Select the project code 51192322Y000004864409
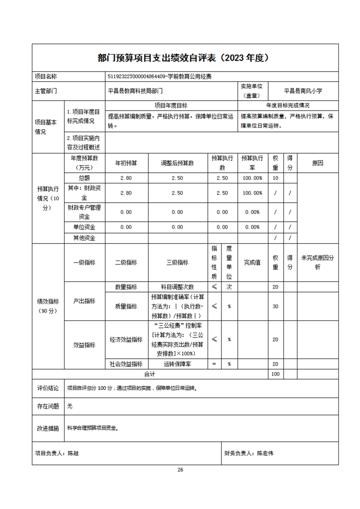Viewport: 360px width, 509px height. [135, 77]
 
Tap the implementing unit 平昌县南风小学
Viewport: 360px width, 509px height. [303, 91]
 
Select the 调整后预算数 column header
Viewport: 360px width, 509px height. [177, 163]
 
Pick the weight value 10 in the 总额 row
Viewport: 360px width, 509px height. [275, 178]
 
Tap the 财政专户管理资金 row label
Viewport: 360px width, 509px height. [84, 212]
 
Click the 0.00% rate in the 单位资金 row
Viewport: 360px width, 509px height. [252, 227]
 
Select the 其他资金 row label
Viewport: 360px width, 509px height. [84, 238]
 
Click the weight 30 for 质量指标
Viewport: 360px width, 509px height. [275, 306]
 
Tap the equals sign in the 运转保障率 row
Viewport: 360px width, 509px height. [214, 364]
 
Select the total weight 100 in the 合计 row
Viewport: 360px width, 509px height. [275, 374]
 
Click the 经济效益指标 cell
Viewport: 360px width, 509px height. [126, 339]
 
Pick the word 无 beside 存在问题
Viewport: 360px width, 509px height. [69, 406]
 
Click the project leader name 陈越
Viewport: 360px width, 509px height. [73, 453]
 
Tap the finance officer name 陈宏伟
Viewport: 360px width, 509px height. [265, 453]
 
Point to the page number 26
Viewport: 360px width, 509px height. [180, 470]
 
